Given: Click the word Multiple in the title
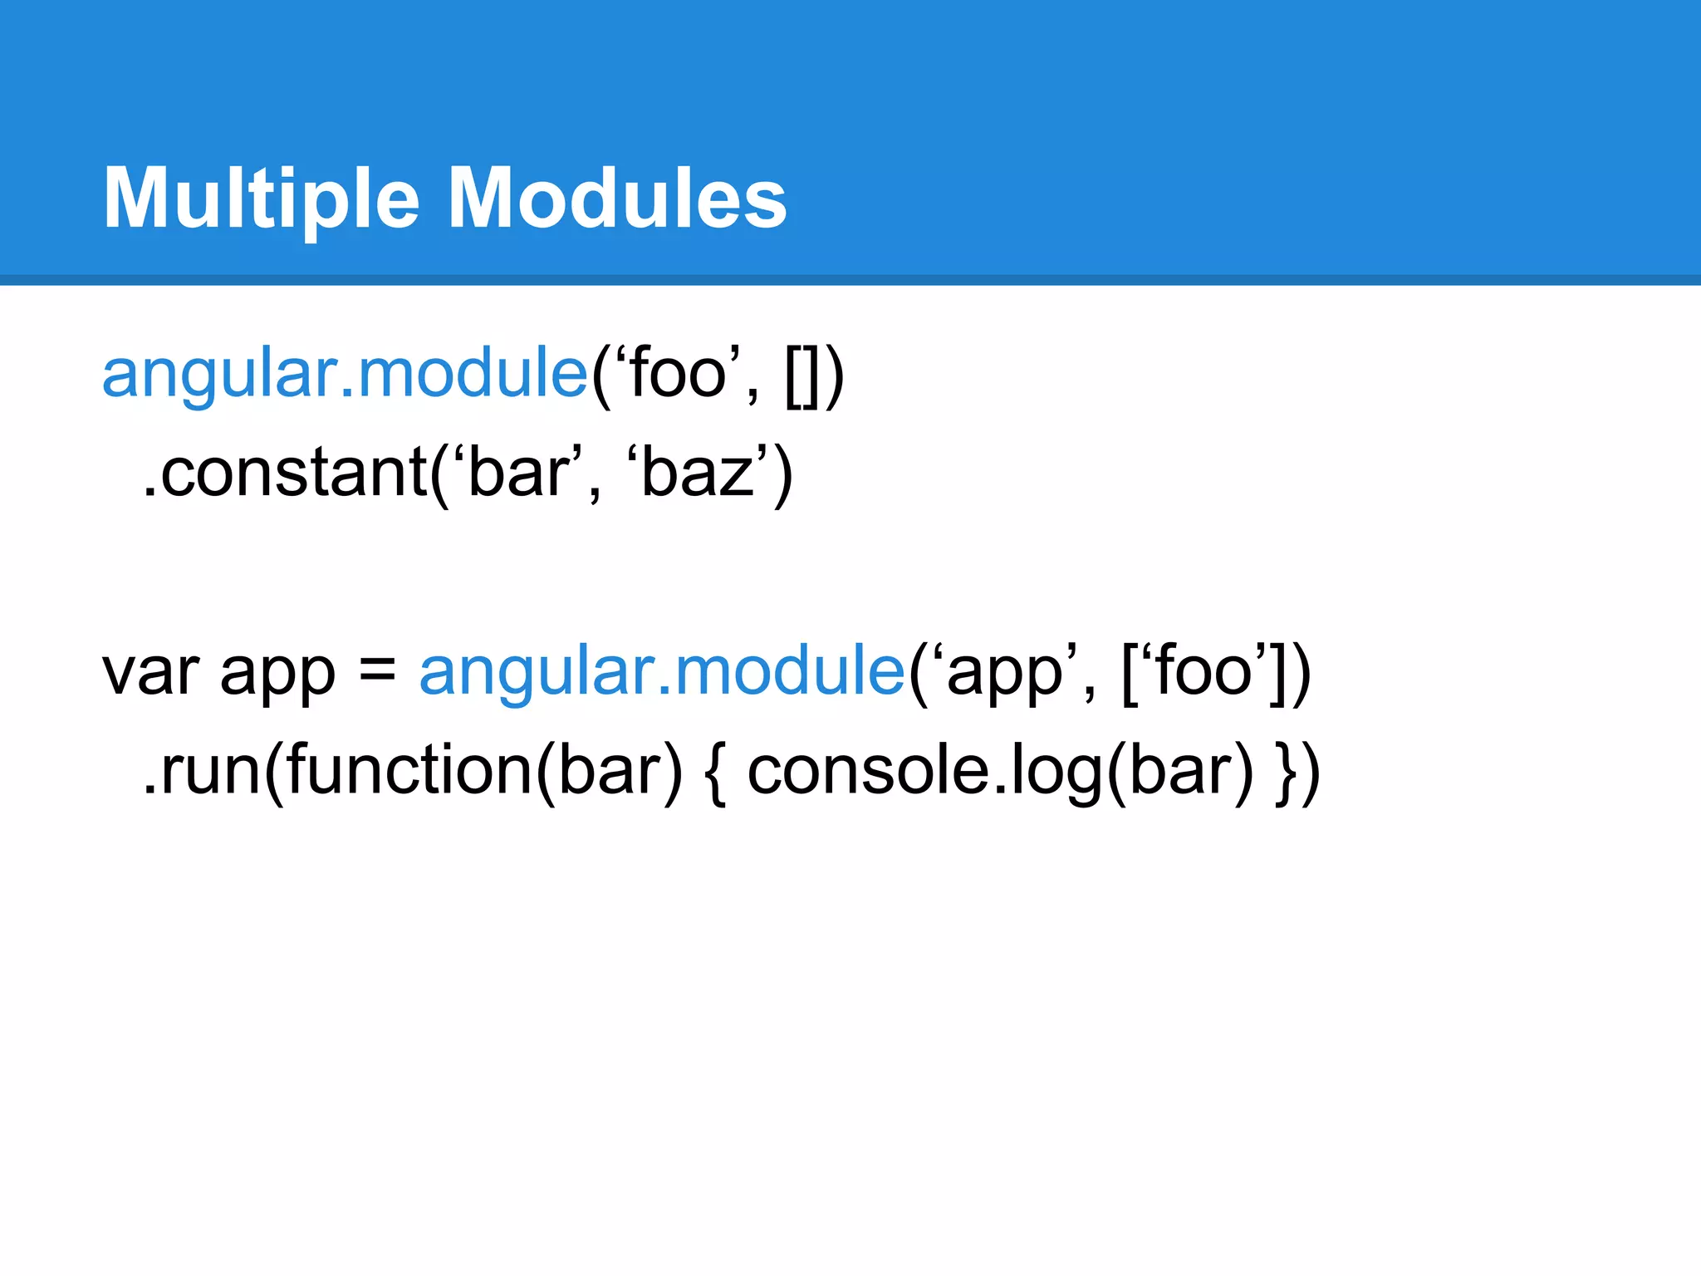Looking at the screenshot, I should [261, 199].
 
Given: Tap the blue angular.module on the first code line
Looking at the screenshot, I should [345, 374].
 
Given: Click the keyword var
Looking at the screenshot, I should [150, 673].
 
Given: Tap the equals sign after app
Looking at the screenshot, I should [378, 670].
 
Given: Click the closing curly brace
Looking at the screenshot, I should [1286, 773].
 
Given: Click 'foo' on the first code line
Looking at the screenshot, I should [677, 374].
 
